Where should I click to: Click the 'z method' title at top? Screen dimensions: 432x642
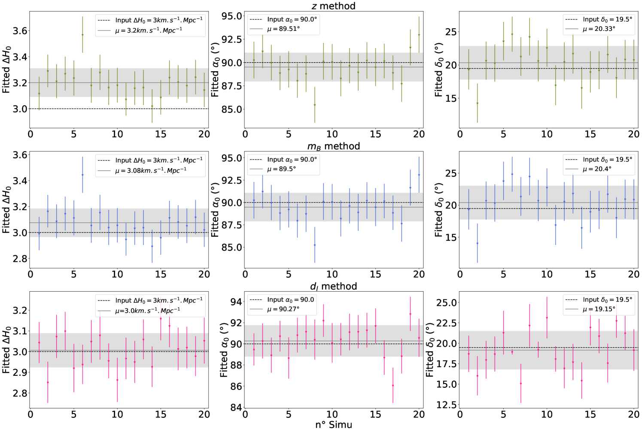[x=333, y=6]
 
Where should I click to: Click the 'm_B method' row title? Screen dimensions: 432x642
[x=333, y=146]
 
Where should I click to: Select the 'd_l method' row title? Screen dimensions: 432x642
[x=333, y=286]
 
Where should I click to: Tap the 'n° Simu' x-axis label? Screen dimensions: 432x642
[x=333, y=425]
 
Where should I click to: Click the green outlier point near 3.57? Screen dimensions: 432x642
[x=82, y=35]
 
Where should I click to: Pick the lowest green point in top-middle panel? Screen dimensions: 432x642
[x=315, y=105]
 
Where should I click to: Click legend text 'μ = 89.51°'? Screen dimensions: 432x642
[x=283, y=29]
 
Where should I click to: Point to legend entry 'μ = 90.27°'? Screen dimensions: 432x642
[x=283, y=309]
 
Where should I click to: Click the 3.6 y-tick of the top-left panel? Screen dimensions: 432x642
[x=20, y=31]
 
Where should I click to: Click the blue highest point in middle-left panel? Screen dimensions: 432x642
[x=82, y=175]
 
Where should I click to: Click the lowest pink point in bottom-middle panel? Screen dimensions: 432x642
[x=393, y=385]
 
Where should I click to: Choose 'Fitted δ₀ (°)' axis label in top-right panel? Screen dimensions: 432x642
[x=438, y=69]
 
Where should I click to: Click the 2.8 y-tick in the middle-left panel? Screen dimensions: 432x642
[x=20, y=259]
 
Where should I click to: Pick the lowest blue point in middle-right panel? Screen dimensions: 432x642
[x=477, y=243]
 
